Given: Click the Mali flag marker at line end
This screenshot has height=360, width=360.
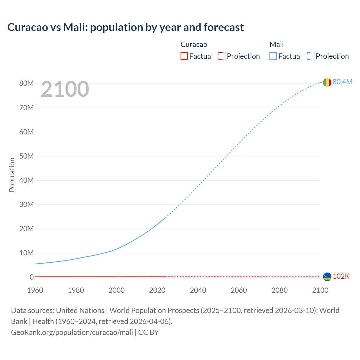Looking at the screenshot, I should point(327,82).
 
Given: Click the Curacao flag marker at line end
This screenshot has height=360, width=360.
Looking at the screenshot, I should point(327,277).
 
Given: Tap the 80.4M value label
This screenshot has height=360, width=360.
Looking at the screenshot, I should point(342,82).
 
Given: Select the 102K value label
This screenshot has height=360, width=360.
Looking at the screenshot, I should point(341,276).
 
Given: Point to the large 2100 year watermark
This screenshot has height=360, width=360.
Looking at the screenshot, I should point(65,89).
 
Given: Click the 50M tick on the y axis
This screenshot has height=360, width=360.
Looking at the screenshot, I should point(26,156).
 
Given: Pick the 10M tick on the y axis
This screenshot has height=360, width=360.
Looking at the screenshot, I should point(26,253).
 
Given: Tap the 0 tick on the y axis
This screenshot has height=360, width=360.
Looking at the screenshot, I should point(31,277).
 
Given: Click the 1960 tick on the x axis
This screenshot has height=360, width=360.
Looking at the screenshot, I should point(35,290).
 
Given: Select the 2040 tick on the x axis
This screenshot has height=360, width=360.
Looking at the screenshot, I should point(198,290).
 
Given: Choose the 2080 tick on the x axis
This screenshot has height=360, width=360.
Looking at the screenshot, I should point(280,290).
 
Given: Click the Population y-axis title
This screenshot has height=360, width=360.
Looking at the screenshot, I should point(12,175).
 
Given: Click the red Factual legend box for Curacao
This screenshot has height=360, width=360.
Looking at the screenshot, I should point(184,56).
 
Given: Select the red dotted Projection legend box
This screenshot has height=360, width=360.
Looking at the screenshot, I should point(222,56).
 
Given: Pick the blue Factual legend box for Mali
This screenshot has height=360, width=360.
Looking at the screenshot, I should point(273,56).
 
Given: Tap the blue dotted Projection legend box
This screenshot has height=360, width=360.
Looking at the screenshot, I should point(311,56).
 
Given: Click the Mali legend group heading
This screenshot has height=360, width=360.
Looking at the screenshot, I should point(276,44).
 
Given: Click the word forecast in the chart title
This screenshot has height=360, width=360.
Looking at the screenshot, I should point(224,27).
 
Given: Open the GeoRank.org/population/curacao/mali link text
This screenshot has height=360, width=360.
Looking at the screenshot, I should point(72,332).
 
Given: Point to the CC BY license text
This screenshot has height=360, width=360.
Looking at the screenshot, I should point(148,332).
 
